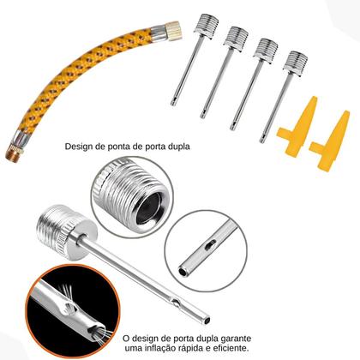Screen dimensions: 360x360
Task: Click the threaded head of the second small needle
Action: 235,37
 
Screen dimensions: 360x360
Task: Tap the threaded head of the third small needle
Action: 265,48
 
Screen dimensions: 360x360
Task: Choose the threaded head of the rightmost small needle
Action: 296,63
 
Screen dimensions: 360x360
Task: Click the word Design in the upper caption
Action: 81,146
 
